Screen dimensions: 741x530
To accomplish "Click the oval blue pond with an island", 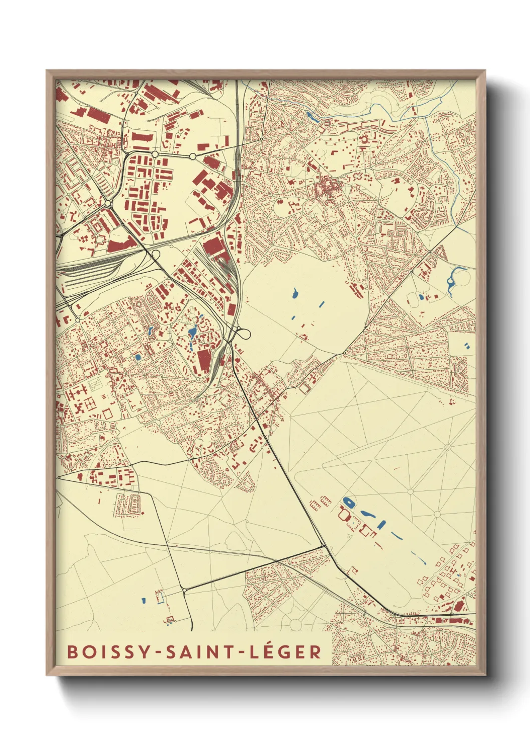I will point(348,502).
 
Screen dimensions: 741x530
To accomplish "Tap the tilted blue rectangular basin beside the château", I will point(382,524).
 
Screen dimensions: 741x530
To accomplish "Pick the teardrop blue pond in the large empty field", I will point(295,292).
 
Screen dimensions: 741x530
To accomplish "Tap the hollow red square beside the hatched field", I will point(107,414).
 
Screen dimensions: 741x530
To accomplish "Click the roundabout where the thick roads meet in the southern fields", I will point(185,591).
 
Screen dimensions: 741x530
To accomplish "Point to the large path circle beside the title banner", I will point(295,624).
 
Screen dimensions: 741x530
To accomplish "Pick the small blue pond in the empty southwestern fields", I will point(143,600).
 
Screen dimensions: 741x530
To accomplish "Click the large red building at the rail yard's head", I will point(214,248).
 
